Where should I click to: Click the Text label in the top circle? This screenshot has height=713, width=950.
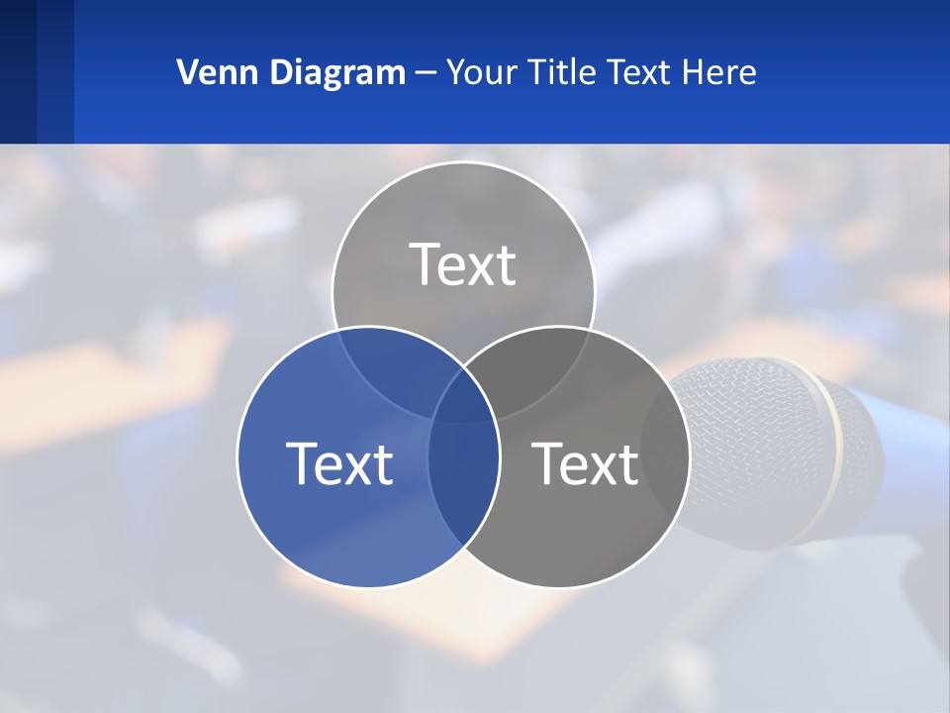(x=463, y=264)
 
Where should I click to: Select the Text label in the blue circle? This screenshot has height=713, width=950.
(x=339, y=463)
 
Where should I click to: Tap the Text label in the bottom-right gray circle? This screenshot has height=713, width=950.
(x=586, y=463)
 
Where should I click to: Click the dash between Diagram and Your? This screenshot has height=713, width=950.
(x=426, y=73)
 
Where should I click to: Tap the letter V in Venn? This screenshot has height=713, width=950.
(x=186, y=72)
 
